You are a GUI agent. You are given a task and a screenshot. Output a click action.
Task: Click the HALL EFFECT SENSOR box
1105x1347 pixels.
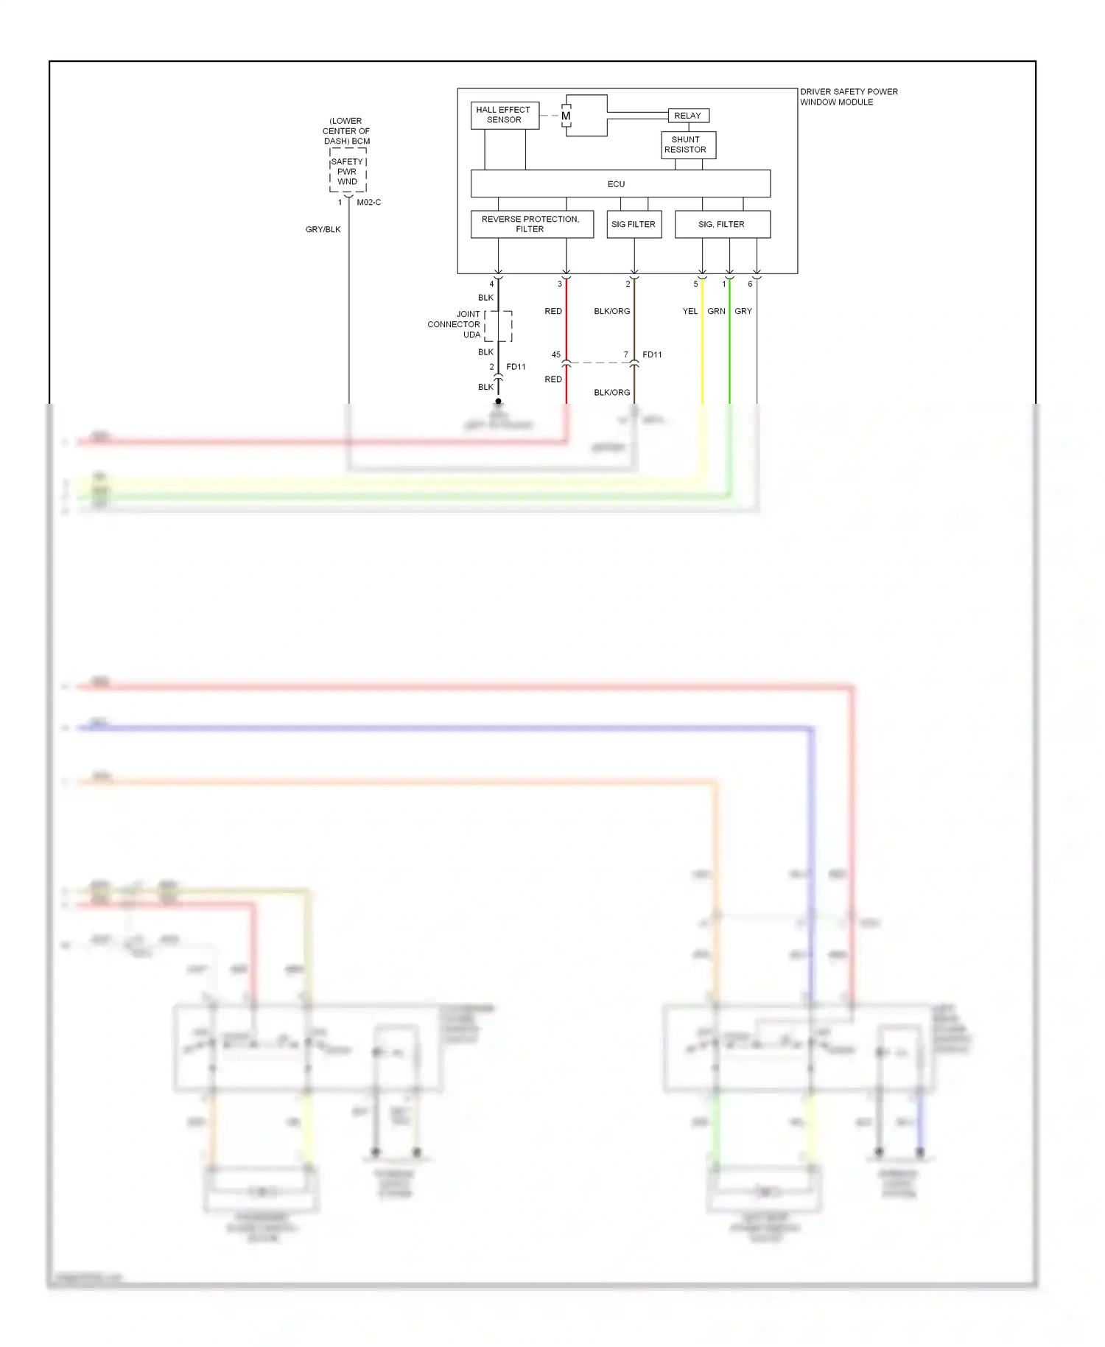coord(504,115)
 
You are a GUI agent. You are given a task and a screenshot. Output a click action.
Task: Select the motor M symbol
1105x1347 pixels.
coord(566,116)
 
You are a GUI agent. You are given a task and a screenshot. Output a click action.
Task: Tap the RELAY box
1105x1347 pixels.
coord(687,116)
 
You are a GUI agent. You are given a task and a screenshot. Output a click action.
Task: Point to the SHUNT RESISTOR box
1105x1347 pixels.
coord(687,144)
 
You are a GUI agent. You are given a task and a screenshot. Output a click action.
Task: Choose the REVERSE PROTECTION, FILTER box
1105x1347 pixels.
coord(531,224)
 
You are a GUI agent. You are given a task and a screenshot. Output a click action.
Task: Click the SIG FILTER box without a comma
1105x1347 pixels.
coord(634,224)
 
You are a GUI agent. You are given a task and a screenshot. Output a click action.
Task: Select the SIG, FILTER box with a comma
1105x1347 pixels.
coord(722,224)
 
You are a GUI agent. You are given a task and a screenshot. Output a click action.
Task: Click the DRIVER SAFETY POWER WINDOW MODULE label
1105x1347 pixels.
coord(849,97)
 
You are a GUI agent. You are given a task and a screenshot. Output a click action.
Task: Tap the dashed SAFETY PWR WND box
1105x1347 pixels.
coord(348,171)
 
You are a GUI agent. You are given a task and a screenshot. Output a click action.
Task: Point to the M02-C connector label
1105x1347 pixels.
coord(368,202)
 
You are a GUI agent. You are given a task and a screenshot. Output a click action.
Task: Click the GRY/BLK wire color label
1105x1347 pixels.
coord(323,229)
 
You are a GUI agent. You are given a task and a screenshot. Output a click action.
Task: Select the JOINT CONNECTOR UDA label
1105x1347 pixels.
coord(455,324)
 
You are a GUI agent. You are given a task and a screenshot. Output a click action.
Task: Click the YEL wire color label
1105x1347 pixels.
coord(690,311)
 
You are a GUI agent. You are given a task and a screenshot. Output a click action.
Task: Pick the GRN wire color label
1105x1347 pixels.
coord(716,311)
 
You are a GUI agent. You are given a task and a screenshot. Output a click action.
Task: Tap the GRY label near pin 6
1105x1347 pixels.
coord(743,311)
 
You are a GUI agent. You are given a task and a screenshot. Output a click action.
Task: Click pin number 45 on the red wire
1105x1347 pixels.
coord(556,354)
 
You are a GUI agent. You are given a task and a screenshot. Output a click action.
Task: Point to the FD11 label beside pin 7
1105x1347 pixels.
coord(652,354)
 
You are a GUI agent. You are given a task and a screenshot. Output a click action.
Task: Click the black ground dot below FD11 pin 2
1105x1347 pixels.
coord(498,402)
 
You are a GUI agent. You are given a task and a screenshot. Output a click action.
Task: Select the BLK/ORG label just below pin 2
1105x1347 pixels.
coord(611,311)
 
